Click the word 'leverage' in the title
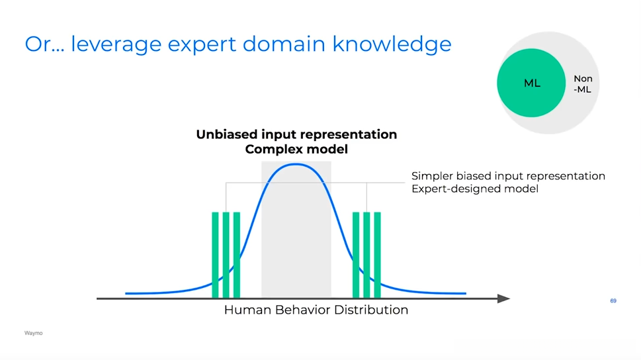(x=116, y=44)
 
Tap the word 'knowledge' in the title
(x=392, y=44)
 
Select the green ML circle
(x=531, y=83)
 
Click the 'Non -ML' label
(x=583, y=84)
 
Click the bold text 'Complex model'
(x=296, y=150)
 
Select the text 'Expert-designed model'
(x=474, y=189)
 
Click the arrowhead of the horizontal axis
(x=503, y=298)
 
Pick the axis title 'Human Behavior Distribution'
(x=316, y=310)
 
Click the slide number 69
(x=613, y=300)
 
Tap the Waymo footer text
(x=33, y=333)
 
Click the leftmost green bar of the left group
(x=216, y=255)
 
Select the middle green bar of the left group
(x=226, y=255)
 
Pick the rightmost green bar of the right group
(x=377, y=255)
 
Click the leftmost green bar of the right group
(x=356, y=255)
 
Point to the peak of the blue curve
(x=296, y=165)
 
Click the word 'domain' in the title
(x=284, y=44)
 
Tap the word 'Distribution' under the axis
(x=371, y=310)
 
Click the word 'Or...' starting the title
(x=44, y=44)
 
